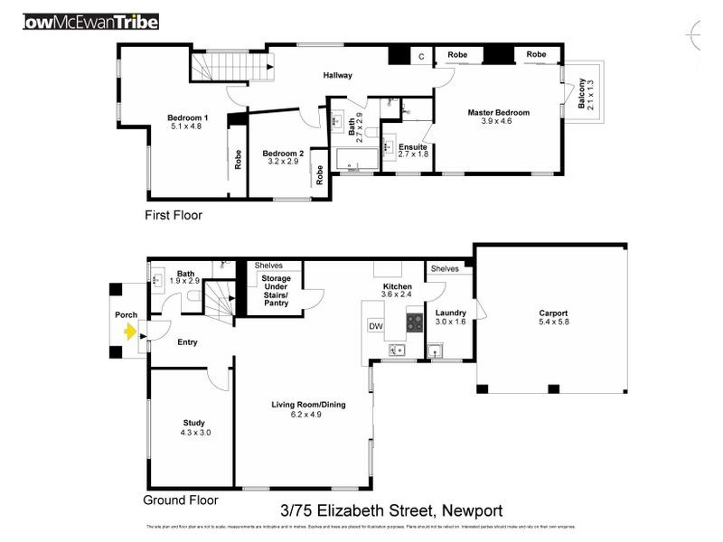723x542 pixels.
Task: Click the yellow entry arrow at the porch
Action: coord(129,332)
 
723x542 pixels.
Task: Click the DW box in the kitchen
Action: coord(375,325)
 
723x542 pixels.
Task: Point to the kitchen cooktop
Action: coord(415,320)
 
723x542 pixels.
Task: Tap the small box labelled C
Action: coord(420,56)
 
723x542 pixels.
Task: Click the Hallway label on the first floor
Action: coord(338,75)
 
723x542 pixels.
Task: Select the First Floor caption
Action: coord(174,216)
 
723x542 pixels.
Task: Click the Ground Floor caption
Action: coord(181,500)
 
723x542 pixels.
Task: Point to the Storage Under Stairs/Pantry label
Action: coord(276,291)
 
